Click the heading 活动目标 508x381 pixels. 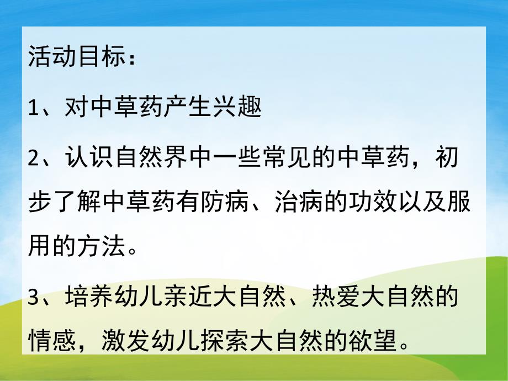(x=74, y=58)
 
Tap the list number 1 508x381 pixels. (x=34, y=106)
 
